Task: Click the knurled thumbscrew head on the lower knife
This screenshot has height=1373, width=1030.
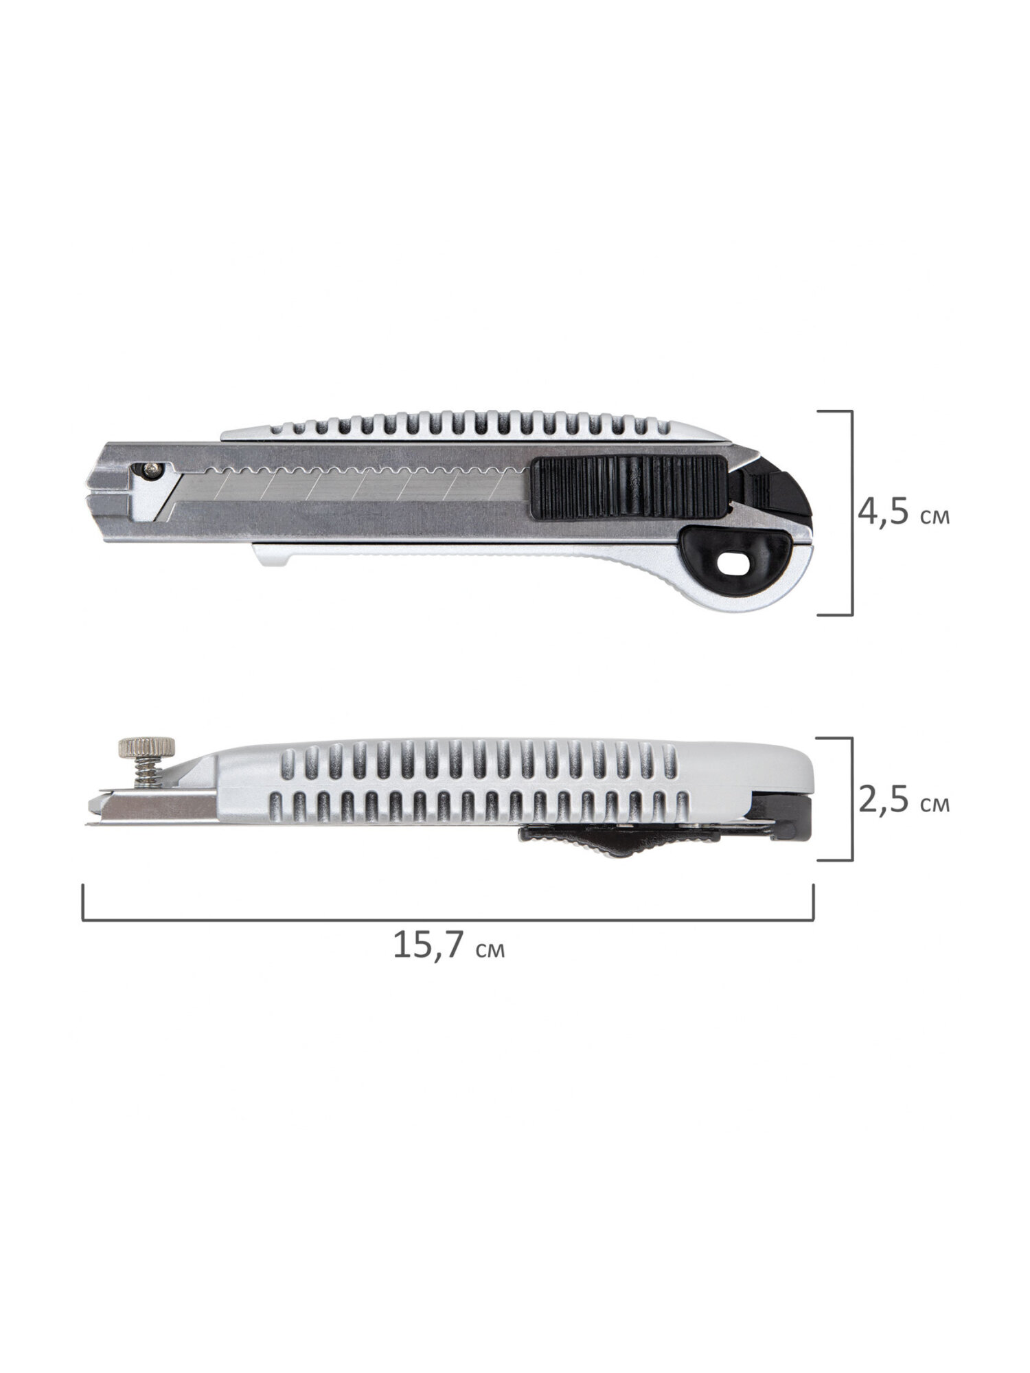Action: [x=147, y=745]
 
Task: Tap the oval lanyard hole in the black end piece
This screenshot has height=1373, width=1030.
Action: [x=732, y=564]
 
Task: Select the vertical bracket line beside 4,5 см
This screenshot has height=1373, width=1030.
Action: [x=851, y=513]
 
